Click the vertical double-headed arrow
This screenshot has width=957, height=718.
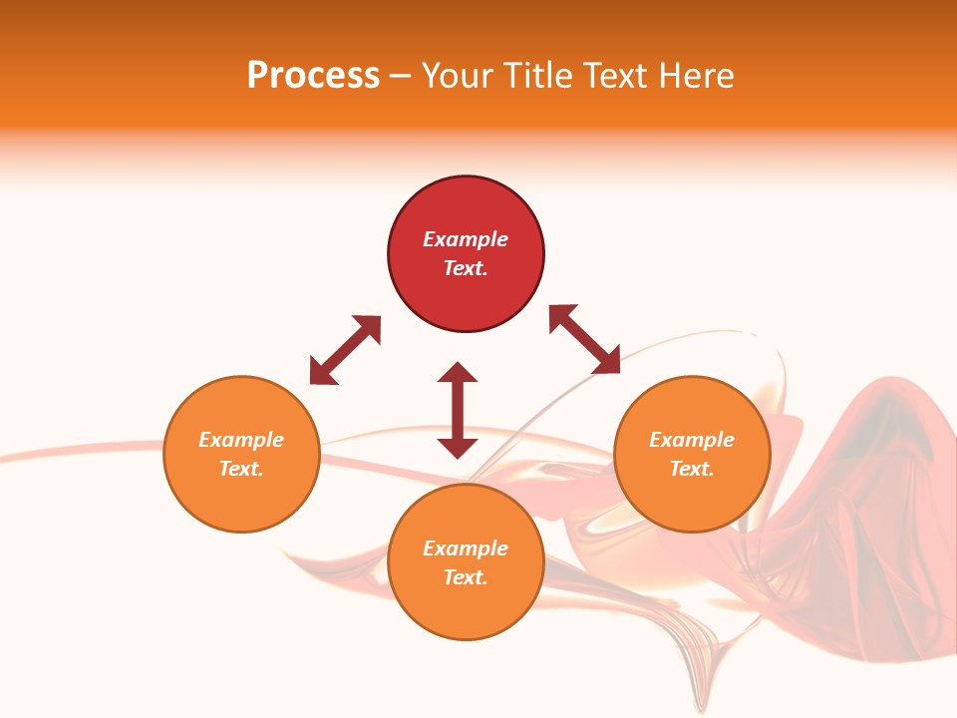coord(458,410)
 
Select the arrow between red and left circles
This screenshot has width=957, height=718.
coord(345,350)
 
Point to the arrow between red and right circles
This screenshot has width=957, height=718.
coord(584,339)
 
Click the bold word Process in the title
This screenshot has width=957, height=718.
coord(313,76)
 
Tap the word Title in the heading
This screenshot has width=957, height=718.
coord(533,76)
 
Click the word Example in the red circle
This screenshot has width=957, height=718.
coord(466,239)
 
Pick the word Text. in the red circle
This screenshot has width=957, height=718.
coord(466,268)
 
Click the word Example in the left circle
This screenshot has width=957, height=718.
coord(241,440)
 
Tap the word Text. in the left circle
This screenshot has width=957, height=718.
coord(241,469)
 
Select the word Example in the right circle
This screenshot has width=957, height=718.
coord(692,440)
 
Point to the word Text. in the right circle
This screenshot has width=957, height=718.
coord(692,469)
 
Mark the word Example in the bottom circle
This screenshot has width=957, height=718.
coord(466,548)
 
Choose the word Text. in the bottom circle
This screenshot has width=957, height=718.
coord(466,577)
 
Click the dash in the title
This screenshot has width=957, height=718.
coord(401,77)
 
